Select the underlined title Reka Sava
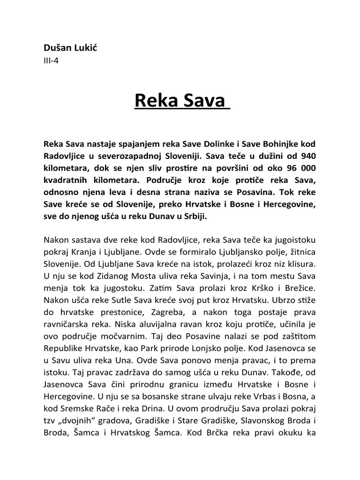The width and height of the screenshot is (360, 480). tap(180, 100)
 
